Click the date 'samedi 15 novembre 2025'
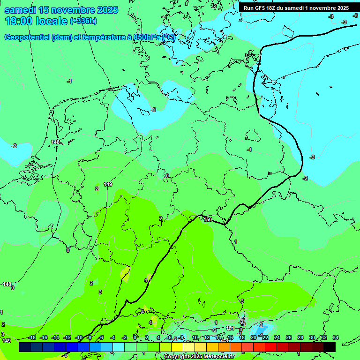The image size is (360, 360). pyautogui.click(x=61, y=10)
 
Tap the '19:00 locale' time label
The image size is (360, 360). pyautogui.click(x=37, y=21)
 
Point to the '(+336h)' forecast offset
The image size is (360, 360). pyautogui.click(x=83, y=21)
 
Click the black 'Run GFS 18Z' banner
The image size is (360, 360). pyautogui.click(x=296, y=8)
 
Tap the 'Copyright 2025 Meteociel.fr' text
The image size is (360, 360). pyautogui.click(x=199, y=356)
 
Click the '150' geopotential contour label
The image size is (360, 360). pyautogui.click(x=208, y=219)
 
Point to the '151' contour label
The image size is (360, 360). pyautogui.click(x=230, y=329)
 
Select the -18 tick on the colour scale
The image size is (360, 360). pyautogui.click(x=32, y=337)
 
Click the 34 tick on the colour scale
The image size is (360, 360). pyautogui.click(x=336, y=337)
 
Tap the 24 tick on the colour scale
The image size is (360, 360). pyautogui.click(x=277, y=337)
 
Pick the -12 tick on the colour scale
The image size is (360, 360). pyautogui.click(x=67, y=337)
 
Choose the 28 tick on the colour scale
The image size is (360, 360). pyautogui.click(x=300, y=337)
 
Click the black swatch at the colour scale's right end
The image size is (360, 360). pyautogui.click(x=330, y=347)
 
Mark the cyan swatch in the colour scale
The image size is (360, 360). pyautogui.click(x=119, y=347)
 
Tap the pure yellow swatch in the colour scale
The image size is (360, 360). pyautogui.click(x=177, y=347)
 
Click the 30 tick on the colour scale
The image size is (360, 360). pyautogui.click(x=312, y=337)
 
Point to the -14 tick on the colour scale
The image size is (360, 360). pyautogui.click(x=55, y=337)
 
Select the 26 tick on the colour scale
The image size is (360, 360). pyautogui.click(x=288, y=337)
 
